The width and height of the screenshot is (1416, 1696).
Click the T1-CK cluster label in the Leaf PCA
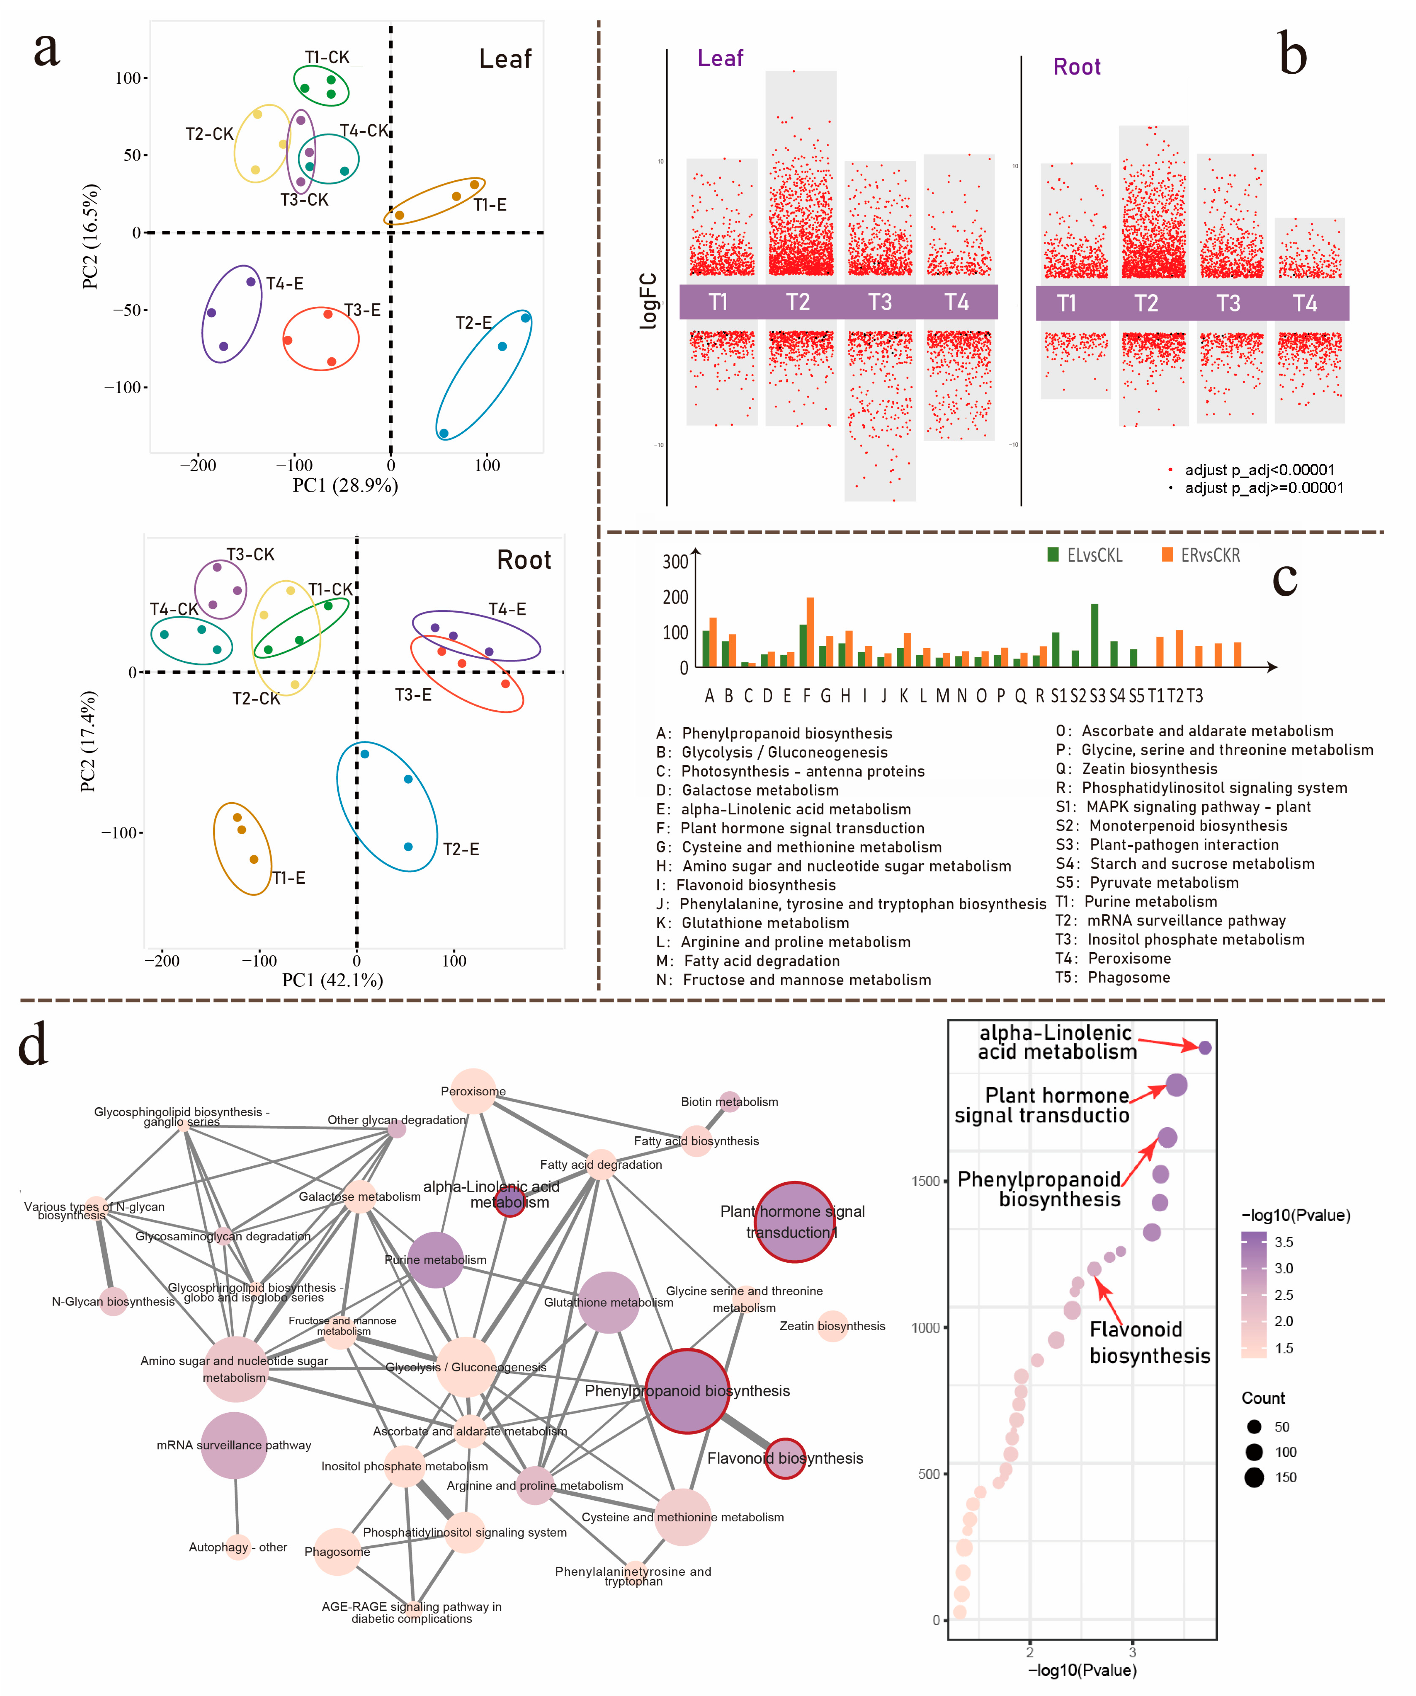tap(327, 57)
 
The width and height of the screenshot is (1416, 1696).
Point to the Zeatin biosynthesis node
tap(832, 1326)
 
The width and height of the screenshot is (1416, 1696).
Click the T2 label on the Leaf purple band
tap(797, 302)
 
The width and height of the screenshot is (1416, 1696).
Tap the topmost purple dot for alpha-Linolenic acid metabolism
tap(1205, 1047)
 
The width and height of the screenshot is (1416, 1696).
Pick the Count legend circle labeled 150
tap(1254, 1477)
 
